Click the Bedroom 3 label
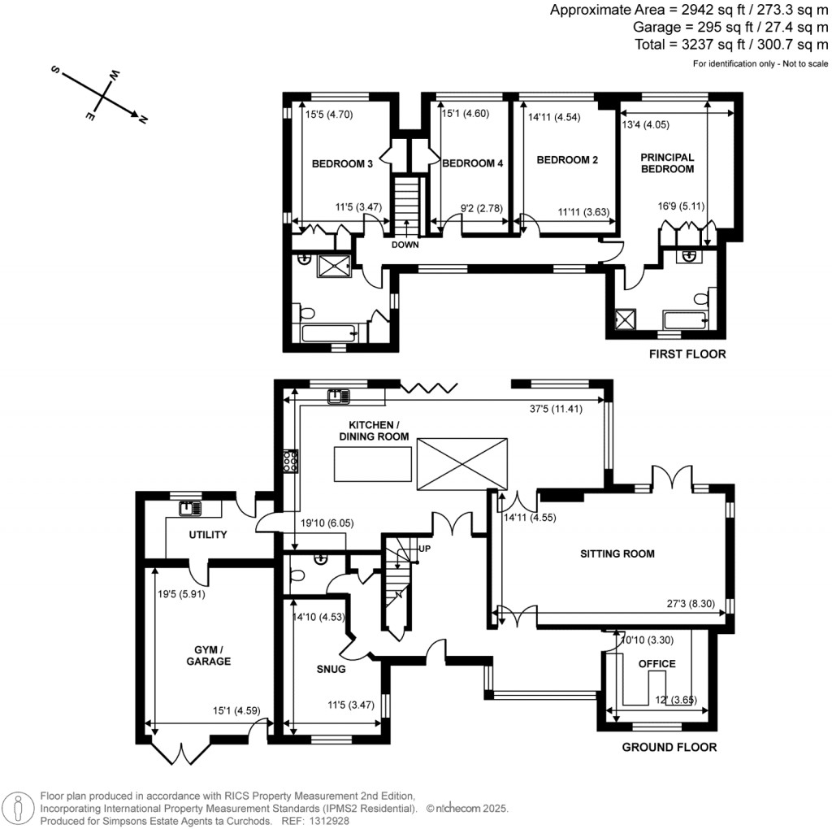click(x=342, y=164)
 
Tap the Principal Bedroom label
click(x=667, y=163)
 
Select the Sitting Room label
click(x=617, y=554)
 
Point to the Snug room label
click(x=332, y=670)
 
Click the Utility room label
click(x=207, y=535)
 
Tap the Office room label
click(x=656, y=664)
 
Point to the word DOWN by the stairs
click(x=404, y=245)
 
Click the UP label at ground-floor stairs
click(x=423, y=549)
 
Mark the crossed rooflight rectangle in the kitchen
click(x=463, y=464)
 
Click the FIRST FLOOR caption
click(x=687, y=354)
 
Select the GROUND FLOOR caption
click(x=669, y=748)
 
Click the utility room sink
click(x=189, y=509)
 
